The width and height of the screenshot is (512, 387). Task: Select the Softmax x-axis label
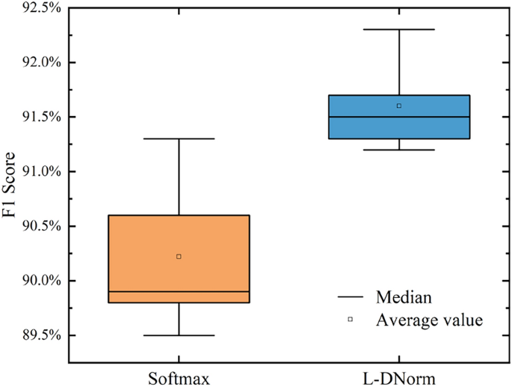(179, 376)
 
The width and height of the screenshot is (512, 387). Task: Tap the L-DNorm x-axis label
(399, 376)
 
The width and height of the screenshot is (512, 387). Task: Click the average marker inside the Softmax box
(179, 257)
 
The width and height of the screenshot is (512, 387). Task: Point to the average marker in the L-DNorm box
(399, 106)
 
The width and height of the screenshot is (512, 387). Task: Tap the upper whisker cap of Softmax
(179, 138)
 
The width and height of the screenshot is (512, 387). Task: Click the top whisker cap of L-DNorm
(399, 29)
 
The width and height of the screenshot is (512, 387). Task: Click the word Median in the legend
(404, 297)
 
